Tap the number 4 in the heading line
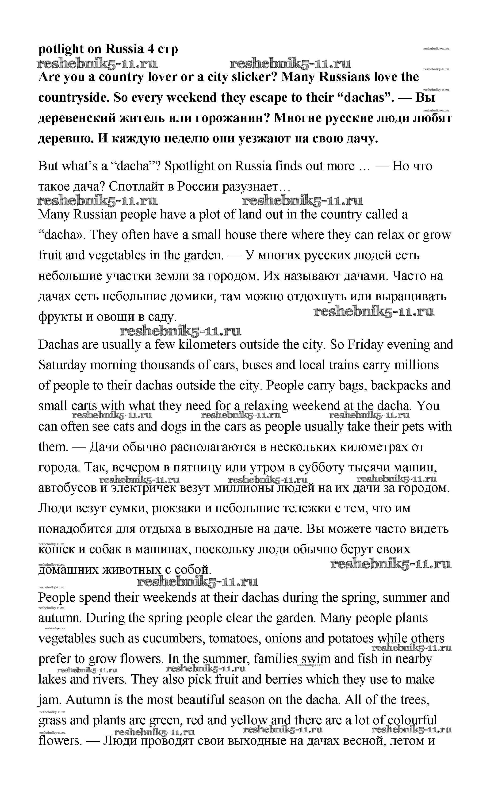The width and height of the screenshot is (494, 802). tap(151, 49)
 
